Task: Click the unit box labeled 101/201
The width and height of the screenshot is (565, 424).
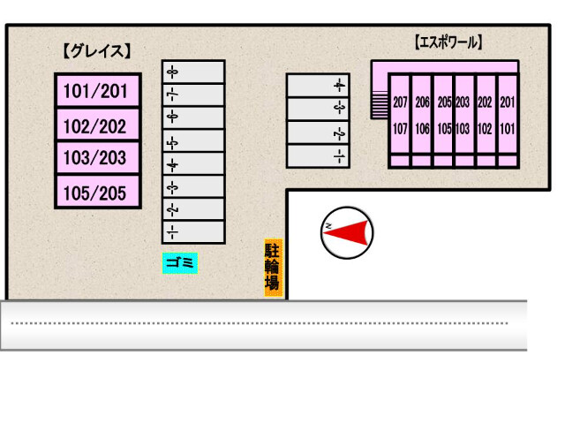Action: coord(98,91)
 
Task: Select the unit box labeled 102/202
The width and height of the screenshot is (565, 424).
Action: coord(98,125)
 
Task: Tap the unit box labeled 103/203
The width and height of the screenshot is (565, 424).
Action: coord(98,158)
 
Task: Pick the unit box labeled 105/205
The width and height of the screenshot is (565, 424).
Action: coord(98,192)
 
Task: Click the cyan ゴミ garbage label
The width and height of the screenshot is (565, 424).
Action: coord(179,262)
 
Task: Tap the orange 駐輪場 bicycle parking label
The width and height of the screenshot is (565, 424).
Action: coord(273,268)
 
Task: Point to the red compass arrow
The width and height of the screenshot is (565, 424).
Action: coord(352,231)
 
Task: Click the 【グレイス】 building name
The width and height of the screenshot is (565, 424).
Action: coord(97,51)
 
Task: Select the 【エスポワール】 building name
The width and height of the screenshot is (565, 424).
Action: coord(448,41)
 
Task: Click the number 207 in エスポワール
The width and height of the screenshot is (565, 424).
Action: coord(400,102)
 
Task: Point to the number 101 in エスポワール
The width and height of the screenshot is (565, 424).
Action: coord(507,126)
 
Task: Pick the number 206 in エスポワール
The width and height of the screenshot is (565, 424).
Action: coord(422,102)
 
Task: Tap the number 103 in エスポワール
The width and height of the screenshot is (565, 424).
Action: coord(463,126)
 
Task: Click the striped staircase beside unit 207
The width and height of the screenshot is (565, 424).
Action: coord(380,103)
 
